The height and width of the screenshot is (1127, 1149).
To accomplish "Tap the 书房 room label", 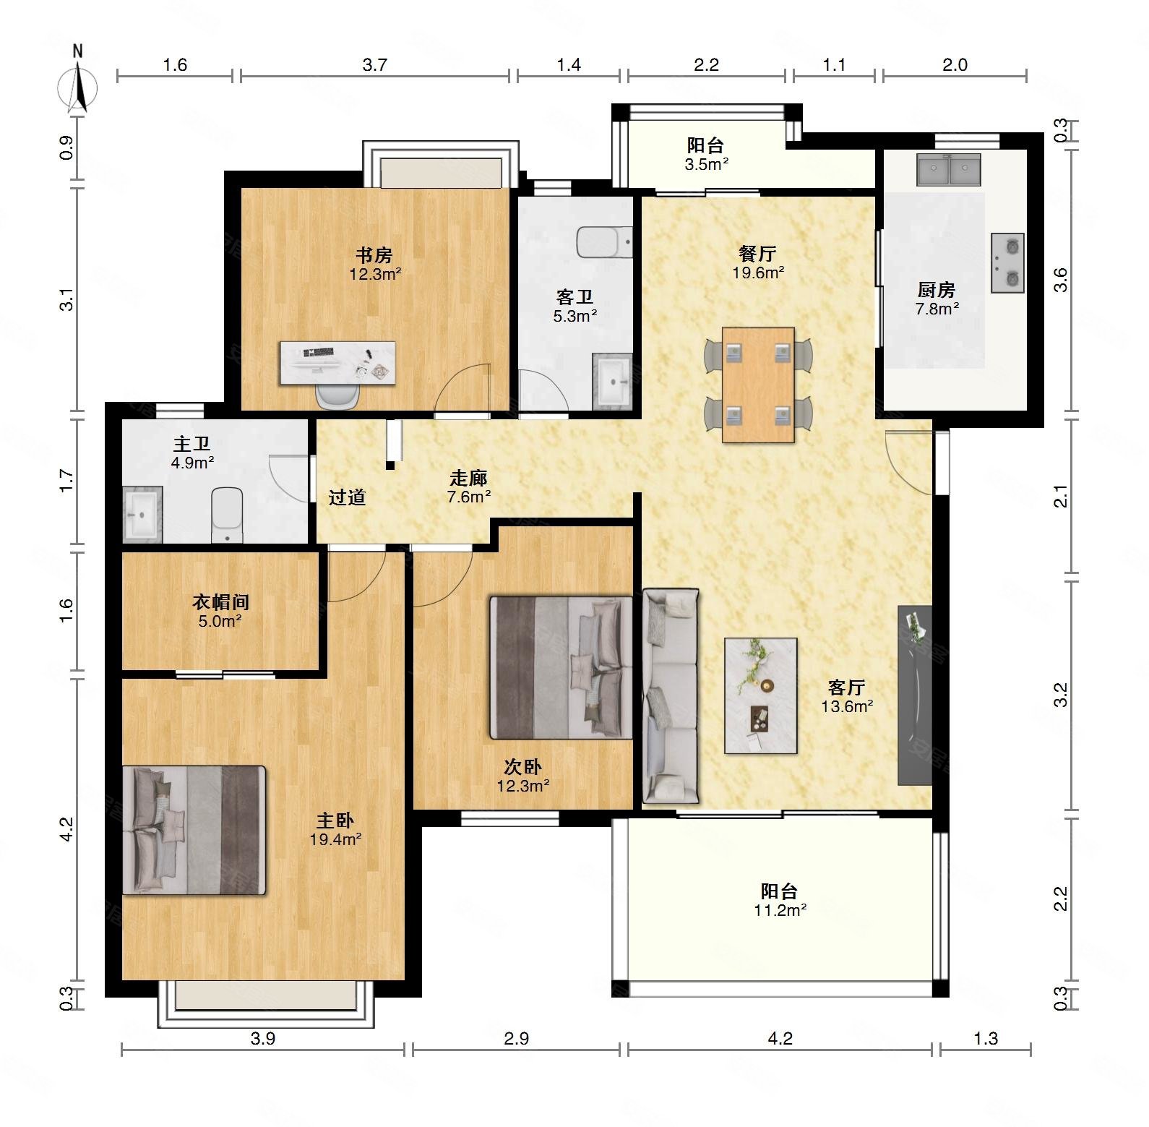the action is point(374,255).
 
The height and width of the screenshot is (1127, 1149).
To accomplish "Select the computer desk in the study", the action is point(338,363).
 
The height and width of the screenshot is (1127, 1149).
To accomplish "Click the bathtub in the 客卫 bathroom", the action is point(606,242).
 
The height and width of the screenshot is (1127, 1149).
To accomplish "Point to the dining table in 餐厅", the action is point(758,384).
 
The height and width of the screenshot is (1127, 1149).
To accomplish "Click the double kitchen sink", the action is point(949,169).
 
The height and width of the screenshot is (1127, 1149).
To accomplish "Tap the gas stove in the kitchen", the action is point(1007,262).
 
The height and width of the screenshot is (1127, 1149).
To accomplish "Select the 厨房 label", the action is point(937,290).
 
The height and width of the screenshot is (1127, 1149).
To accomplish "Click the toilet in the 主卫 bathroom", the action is point(228,514).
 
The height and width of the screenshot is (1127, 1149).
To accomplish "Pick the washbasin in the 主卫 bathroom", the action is point(143,514).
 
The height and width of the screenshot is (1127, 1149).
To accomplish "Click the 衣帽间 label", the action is point(221,601).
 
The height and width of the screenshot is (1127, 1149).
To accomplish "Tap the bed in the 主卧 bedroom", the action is point(194,830).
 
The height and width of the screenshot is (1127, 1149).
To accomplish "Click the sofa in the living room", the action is point(671,696).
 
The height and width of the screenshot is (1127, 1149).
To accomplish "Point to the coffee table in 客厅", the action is point(761,695).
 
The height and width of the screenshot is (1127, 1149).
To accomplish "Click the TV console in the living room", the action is point(915,695).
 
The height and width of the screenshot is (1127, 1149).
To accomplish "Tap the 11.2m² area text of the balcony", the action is point(780,910).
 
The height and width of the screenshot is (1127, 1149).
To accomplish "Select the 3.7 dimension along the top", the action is point(375,65).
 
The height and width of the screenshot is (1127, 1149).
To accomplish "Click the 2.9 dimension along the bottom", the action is point(516,1039).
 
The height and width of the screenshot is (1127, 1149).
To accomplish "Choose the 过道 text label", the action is point(348,497).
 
